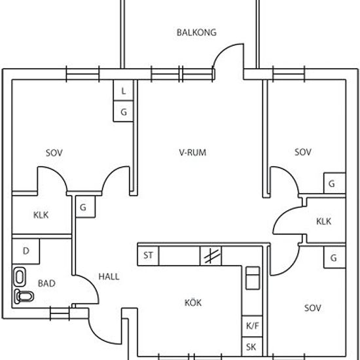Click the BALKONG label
tap(196, 32)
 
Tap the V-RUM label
tap(192, 153)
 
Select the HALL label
tap(109, 276)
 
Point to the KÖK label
tap(193, 302)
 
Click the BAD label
tap(46, 283)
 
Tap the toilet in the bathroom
tap(24, 297)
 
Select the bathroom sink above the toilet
tap(19, 277)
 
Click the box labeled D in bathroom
tap(26, 251)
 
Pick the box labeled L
tap(123, 90)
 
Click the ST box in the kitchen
tap(148, 256)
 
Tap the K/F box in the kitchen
tap(252, 326)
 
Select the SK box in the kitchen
tap(252, 347)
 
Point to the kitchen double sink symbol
tap(253, 278)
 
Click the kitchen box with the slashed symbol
tap(211, 256)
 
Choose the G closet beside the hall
tap(85, 207)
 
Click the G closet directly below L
tap(123, 111)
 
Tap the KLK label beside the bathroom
tap(41, 215)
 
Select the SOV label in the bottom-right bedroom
tap(312, 308)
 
